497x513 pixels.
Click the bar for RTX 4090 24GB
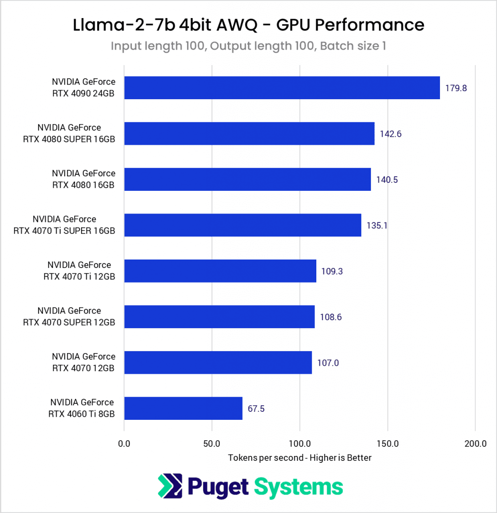point(282,88)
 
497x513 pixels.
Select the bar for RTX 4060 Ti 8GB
point(183,408)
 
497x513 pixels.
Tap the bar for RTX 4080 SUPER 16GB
point(249,133)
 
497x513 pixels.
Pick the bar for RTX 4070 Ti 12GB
point(220,271)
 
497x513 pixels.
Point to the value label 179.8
point(456,88)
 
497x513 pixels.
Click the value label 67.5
point(256,409)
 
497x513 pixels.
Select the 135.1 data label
point(377,225)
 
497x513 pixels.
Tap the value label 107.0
point(328,363)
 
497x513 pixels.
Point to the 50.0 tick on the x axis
point(212,443)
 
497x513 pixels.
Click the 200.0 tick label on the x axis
point(475,443)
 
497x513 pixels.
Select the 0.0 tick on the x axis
point(124,443)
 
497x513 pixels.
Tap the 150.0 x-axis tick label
point(387,443)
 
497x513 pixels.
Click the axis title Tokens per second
point(299,458)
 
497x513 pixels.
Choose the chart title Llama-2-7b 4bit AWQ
point(248,25)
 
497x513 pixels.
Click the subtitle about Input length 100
point(248,46)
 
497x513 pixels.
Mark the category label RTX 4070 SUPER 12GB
point(69,317)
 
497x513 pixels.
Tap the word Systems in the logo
point(298,486)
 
